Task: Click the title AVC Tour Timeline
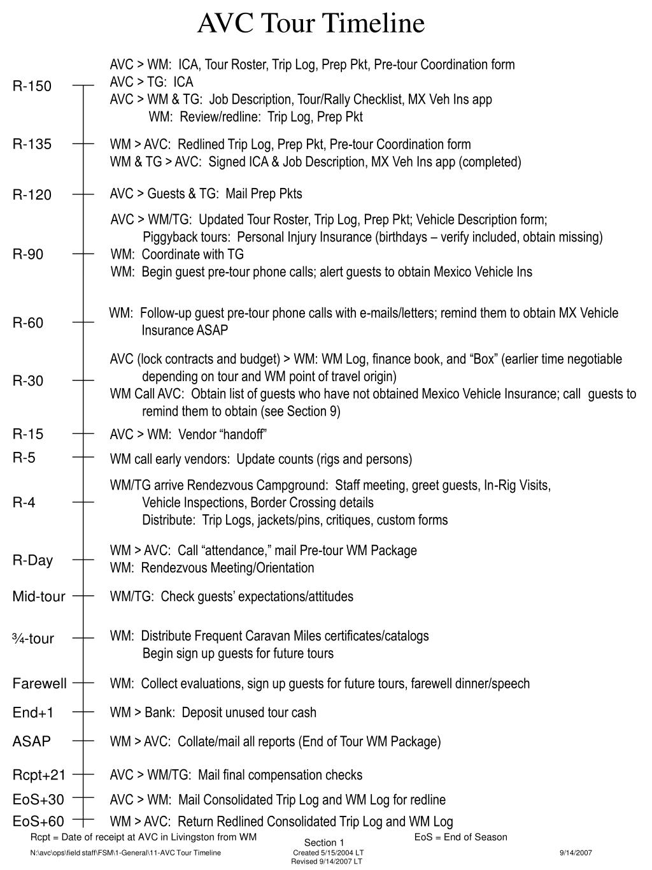coord(311,24)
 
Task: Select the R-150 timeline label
coord(32,86)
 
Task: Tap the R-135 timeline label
coord(32,144)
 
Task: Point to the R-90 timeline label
coord(28,254)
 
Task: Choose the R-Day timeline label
coord(32,560)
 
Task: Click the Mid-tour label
coord(39,597)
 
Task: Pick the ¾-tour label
coord(33,639)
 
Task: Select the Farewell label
coord(39,684)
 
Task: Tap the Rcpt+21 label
coord(39,775)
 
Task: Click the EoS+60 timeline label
coord(38,822)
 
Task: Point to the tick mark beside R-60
coord(83,323)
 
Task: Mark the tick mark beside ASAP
coord(83,741)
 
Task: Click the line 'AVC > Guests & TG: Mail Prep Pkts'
coord(206,194)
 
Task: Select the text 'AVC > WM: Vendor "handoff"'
coord(188,435)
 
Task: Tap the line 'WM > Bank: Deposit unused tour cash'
coord(213,713)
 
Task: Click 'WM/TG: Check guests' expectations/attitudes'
coord(231,597)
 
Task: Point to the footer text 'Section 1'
coord(323,843)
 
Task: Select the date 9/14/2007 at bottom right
coord(576,853)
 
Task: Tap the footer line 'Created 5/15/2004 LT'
coord(328,853)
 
